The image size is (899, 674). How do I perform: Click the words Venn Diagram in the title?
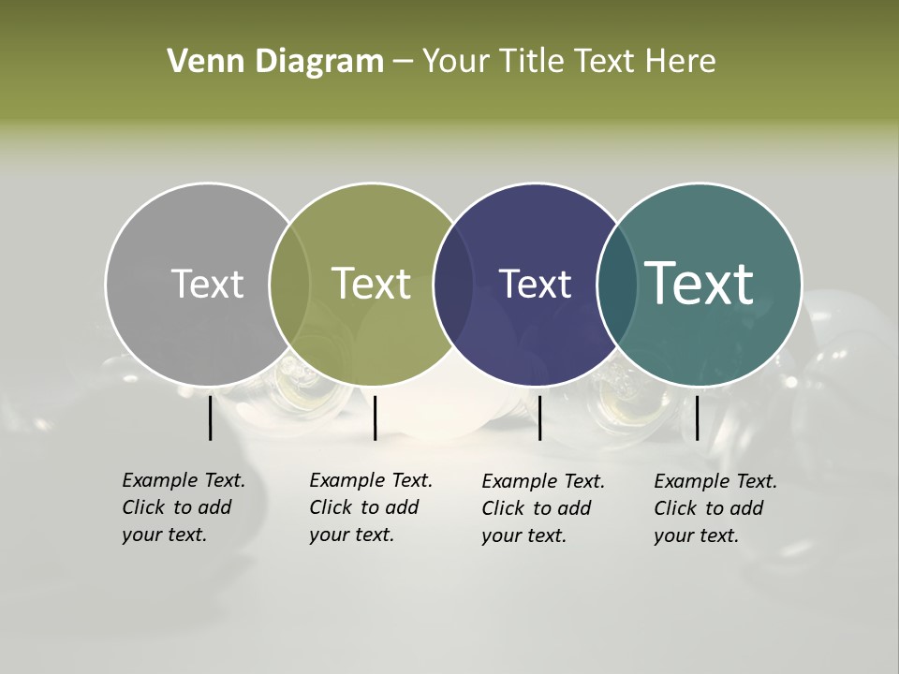(x=275, y=62)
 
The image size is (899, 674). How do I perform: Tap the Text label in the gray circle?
(x=207, y=284)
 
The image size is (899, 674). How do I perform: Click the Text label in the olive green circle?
(x=371, y=284)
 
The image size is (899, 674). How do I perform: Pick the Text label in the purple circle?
(x=535, y=284)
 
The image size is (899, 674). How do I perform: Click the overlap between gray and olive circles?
(x=289, y=284)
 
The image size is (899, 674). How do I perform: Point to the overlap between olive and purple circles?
(x=453, y=284)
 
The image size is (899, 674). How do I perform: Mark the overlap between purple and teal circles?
(x=617, y=284)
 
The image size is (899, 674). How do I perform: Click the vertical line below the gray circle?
(x=210, y=418)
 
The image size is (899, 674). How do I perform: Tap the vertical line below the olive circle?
(x=375, y=418)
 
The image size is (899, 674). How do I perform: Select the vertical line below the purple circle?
(x=539, y=418)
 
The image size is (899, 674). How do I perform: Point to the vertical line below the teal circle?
(x=697, y=418)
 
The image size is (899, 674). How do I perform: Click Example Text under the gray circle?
(x=184, y=480)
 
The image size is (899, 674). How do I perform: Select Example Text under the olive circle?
(x=371, y=480)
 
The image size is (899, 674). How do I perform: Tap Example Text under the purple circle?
(x=543, y=481)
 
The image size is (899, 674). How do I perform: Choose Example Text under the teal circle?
(x=715, y=481)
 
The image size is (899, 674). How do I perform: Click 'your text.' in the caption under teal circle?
(x=696, y=535)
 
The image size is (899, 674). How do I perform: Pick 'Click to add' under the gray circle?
(x=176, y=507)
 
